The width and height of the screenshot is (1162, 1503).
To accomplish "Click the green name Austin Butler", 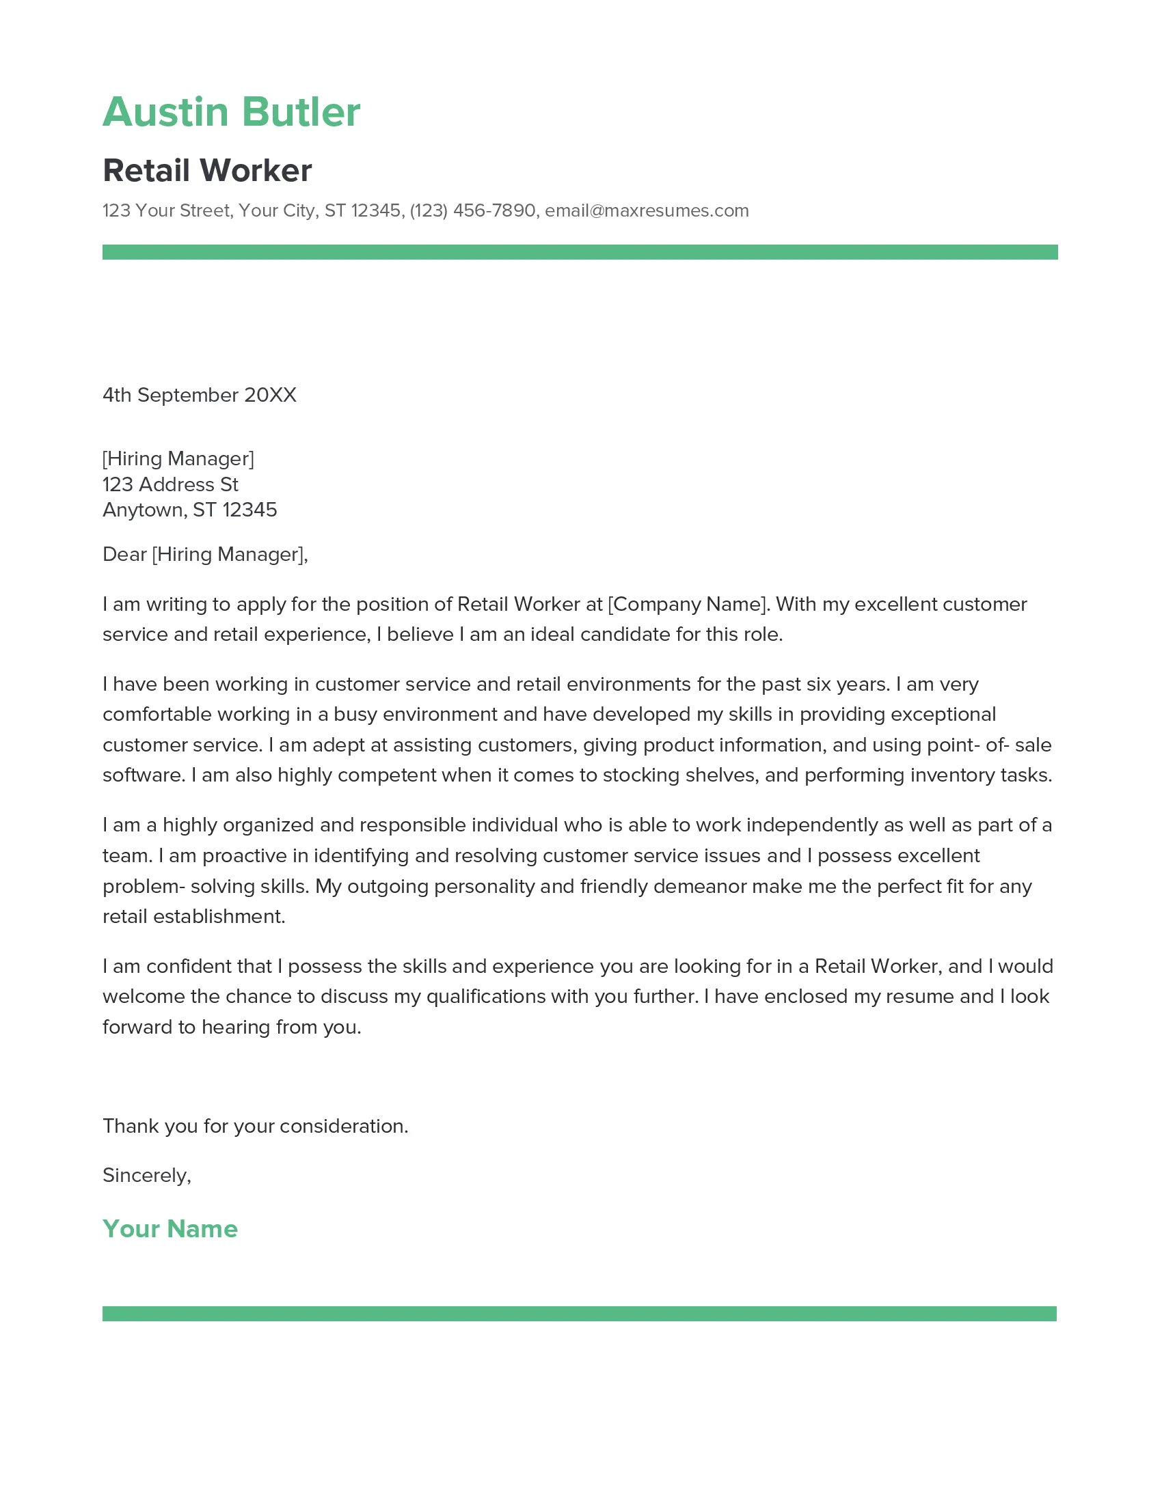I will pos(231,112).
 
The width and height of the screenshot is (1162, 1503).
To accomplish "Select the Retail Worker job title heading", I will pos(207,171).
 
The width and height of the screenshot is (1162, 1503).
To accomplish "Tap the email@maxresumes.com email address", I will pos(647,210).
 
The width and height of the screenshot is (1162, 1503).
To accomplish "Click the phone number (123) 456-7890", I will pos(472,210).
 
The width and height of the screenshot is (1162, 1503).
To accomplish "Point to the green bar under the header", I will pos(580,252).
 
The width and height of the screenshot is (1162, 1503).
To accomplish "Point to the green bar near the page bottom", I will pos(580,1314).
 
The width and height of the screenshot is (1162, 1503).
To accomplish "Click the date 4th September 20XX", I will pos(200,395).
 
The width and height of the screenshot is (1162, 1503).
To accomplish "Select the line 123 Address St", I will pos(170,484).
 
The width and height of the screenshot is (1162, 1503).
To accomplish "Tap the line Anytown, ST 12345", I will pos(189,510).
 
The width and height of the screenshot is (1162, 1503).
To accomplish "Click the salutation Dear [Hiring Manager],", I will pos(205,554).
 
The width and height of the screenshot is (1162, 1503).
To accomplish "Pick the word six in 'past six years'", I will pos(817,684).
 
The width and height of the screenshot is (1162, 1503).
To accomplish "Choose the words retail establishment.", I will pos(193,917).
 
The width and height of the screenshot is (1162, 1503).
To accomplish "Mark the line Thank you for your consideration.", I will pos(256,1126).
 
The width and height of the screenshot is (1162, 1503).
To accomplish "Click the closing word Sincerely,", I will pos(147,1176).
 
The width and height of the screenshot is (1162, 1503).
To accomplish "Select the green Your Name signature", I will pos(170,1229).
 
